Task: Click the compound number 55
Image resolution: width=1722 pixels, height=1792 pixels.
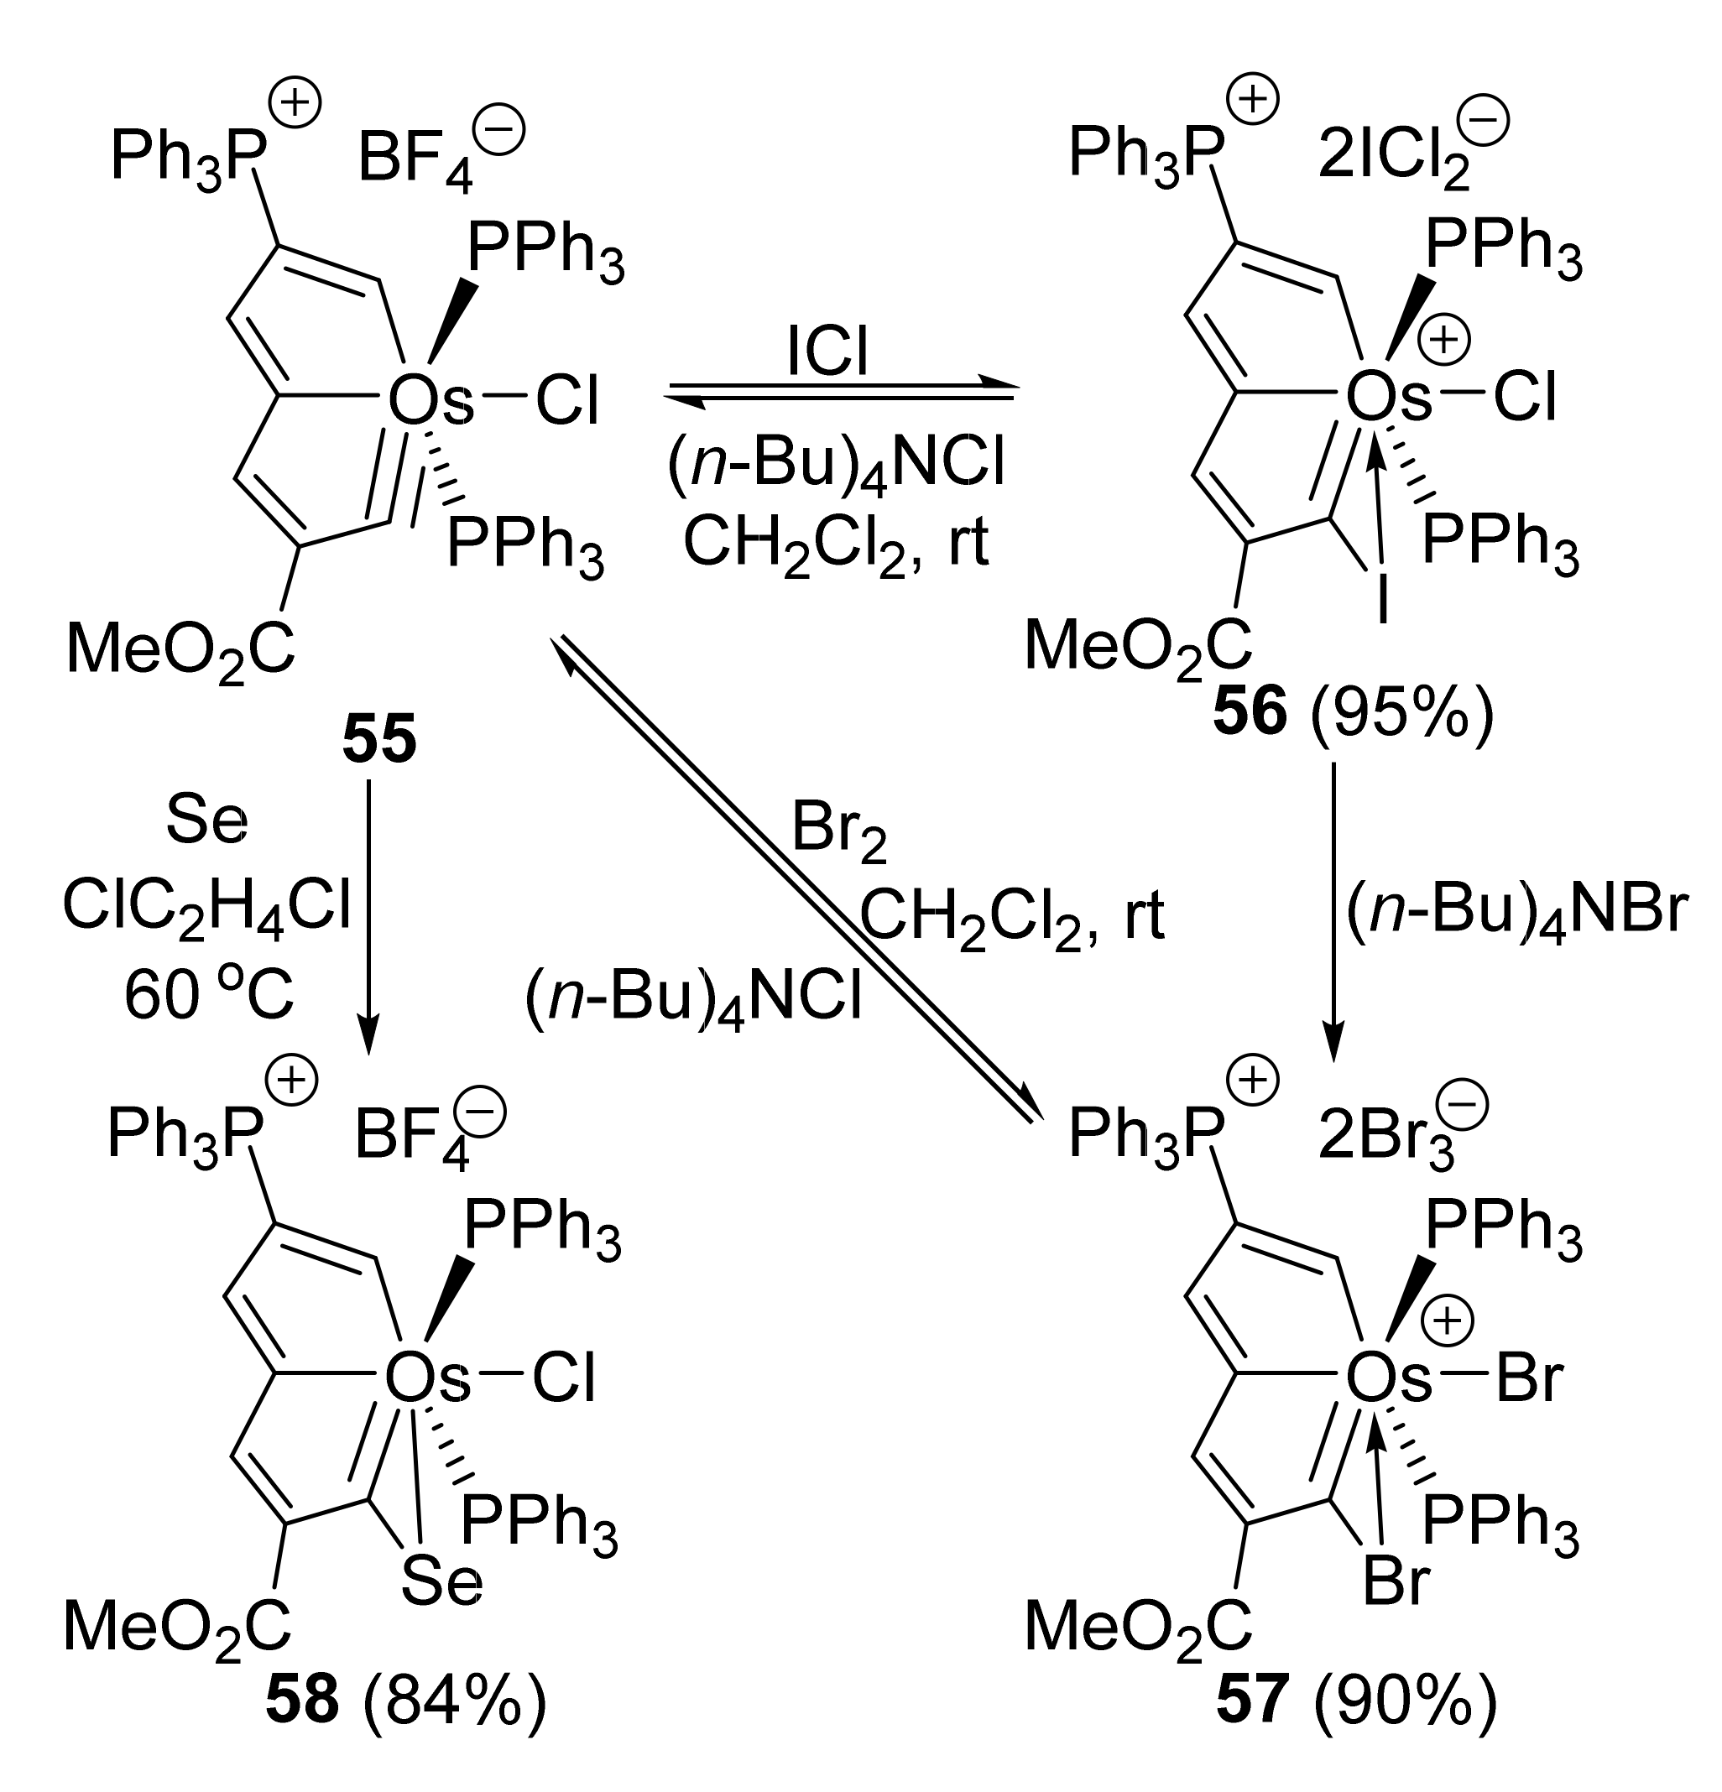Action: coord(379,740)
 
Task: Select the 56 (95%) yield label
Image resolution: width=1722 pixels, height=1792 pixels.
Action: coord(1353,712)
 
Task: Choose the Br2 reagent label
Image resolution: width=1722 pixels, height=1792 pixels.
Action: coord(838,831)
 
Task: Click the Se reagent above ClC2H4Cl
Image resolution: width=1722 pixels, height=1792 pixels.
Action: coord(206,821)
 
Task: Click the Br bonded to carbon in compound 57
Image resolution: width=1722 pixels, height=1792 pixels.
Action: coord(1395,1581)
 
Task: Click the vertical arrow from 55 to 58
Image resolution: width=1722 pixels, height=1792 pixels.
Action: coord(368,914)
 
